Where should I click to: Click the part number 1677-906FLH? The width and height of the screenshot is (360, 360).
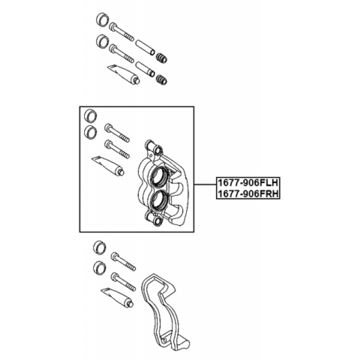coord(248,183)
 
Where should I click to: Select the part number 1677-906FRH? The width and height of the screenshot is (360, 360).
coord(248,193)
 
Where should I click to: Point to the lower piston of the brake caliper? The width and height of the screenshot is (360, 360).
coord(160,200)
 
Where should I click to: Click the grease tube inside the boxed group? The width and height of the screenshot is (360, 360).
coord(108,165)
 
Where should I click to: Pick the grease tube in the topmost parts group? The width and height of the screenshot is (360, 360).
coord(124,74)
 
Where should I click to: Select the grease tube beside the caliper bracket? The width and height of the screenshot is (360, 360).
coord(117,298)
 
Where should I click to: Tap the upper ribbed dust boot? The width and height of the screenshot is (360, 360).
coord(161,58)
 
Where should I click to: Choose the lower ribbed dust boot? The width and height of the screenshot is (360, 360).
coord(161,79)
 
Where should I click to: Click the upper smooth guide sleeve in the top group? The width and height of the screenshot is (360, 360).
coord(145,47)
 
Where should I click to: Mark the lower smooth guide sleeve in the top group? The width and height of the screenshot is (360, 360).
coord(145,69)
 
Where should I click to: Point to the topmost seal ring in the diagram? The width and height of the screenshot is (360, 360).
coord(102,19)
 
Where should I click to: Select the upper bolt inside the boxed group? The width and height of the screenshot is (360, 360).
coord(117,133)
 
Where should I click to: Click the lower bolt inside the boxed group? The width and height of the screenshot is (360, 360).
coord(117,149)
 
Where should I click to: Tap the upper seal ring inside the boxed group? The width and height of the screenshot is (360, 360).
coord(91,116)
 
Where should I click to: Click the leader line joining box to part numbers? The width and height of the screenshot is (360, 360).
coord(205,184)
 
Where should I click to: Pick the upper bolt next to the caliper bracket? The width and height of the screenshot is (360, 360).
coord(124,262)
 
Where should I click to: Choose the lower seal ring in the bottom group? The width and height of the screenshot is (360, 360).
coord(100,268)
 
